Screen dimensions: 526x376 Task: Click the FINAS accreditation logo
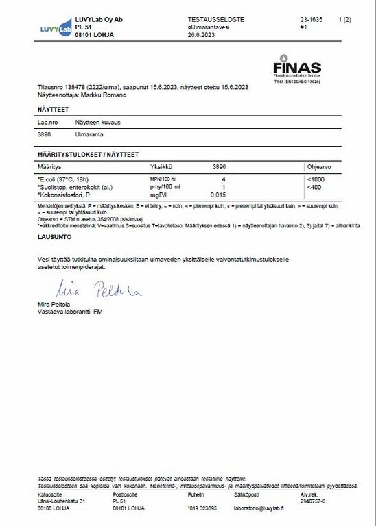(x=296, y=69)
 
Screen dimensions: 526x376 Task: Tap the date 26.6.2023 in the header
(x=201, y=34)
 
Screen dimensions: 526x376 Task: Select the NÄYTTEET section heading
(x=52, y=110)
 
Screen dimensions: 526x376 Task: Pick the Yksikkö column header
(x=161, y=166)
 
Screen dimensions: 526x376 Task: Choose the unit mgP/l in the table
(x=158, y=195)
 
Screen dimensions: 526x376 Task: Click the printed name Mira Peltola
(x=54, y=305)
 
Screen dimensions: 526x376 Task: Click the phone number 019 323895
(x=204, y=509)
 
